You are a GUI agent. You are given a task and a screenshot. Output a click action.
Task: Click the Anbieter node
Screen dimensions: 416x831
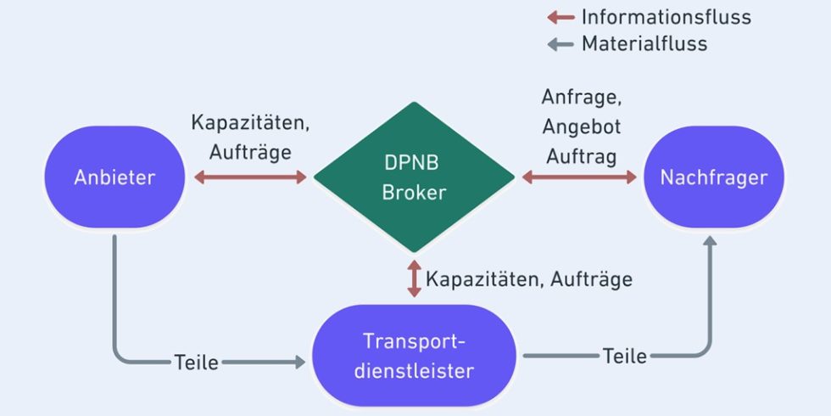[115, 177]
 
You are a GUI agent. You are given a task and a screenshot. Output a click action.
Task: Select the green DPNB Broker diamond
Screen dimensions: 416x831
[414, 177]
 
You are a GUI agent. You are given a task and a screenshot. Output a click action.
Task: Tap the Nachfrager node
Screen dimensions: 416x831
[713, 177]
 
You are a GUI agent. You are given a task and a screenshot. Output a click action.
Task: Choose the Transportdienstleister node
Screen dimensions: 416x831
[415, 357]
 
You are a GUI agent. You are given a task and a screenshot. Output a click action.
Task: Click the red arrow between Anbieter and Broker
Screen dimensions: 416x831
[250, 177]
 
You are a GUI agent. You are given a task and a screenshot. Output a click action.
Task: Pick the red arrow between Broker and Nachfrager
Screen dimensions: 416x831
[579, 177]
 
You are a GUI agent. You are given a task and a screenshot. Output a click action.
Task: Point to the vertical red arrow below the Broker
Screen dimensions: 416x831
[414, 278]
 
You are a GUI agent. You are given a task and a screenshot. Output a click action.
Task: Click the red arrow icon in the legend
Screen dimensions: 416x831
[561, 16]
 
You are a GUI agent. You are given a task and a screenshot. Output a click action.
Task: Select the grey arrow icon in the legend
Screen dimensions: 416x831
[561, 43]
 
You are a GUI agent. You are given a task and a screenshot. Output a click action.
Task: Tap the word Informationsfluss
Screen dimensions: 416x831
[666, 16]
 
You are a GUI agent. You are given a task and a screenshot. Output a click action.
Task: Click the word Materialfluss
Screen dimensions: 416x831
[644, 43]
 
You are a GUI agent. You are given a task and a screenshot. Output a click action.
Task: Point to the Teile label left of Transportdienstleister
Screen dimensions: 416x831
[197, 363]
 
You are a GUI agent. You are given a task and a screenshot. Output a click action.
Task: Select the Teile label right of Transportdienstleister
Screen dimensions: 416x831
[625, 356]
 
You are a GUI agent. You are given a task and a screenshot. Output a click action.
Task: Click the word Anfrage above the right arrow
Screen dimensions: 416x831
[580, 97]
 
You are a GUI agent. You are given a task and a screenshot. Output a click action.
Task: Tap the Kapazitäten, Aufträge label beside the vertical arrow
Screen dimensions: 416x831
[529, 278]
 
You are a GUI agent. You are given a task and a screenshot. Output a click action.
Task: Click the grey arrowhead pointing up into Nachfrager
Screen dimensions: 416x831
[710, 242]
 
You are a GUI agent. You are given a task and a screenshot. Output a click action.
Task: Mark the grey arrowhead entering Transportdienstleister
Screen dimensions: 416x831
[299, 363]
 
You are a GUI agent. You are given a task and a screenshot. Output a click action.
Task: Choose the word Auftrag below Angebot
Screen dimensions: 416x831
[582, 156]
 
